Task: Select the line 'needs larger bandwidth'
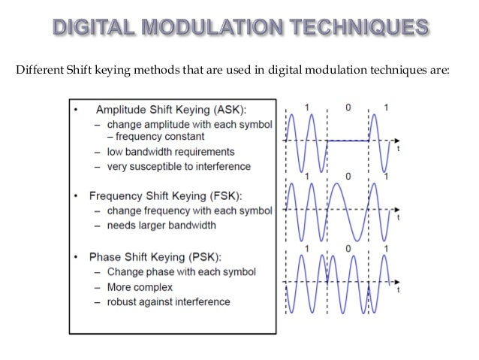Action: click(161, 225)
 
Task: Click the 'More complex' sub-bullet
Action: click(140, 287)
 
